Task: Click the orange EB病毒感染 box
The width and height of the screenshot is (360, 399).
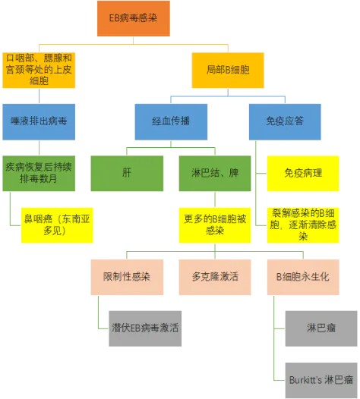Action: point(134,18)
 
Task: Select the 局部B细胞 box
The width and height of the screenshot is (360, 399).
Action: point(228,71)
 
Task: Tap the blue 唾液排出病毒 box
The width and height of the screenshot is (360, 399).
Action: point(39,122)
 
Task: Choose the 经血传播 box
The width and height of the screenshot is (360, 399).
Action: point(171,122)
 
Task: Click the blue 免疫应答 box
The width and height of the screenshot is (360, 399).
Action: point(285,122)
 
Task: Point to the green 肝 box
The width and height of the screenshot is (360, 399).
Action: point(127,173)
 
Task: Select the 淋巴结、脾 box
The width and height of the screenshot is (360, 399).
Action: point(215,173)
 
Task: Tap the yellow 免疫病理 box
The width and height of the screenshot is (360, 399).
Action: point(303,173)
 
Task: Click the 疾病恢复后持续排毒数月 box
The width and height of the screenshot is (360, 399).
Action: point(39,173)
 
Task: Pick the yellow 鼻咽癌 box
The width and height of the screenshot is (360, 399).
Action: point(57,225)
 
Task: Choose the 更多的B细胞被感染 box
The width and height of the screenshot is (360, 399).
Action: point(215,225)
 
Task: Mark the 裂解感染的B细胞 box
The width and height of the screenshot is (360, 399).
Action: point(303,225)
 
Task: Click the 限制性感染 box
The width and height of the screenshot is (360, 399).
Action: point(127,277)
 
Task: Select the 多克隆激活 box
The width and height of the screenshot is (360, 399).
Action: point(215,277)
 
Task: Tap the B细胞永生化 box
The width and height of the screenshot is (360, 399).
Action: point(303,277)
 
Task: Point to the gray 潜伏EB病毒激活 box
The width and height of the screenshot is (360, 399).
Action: point(145,328)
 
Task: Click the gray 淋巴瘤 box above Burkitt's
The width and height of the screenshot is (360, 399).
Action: point(321,328)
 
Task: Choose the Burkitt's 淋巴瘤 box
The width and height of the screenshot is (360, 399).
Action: point(321,381)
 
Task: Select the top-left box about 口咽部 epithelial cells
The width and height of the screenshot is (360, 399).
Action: point(39,71)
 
